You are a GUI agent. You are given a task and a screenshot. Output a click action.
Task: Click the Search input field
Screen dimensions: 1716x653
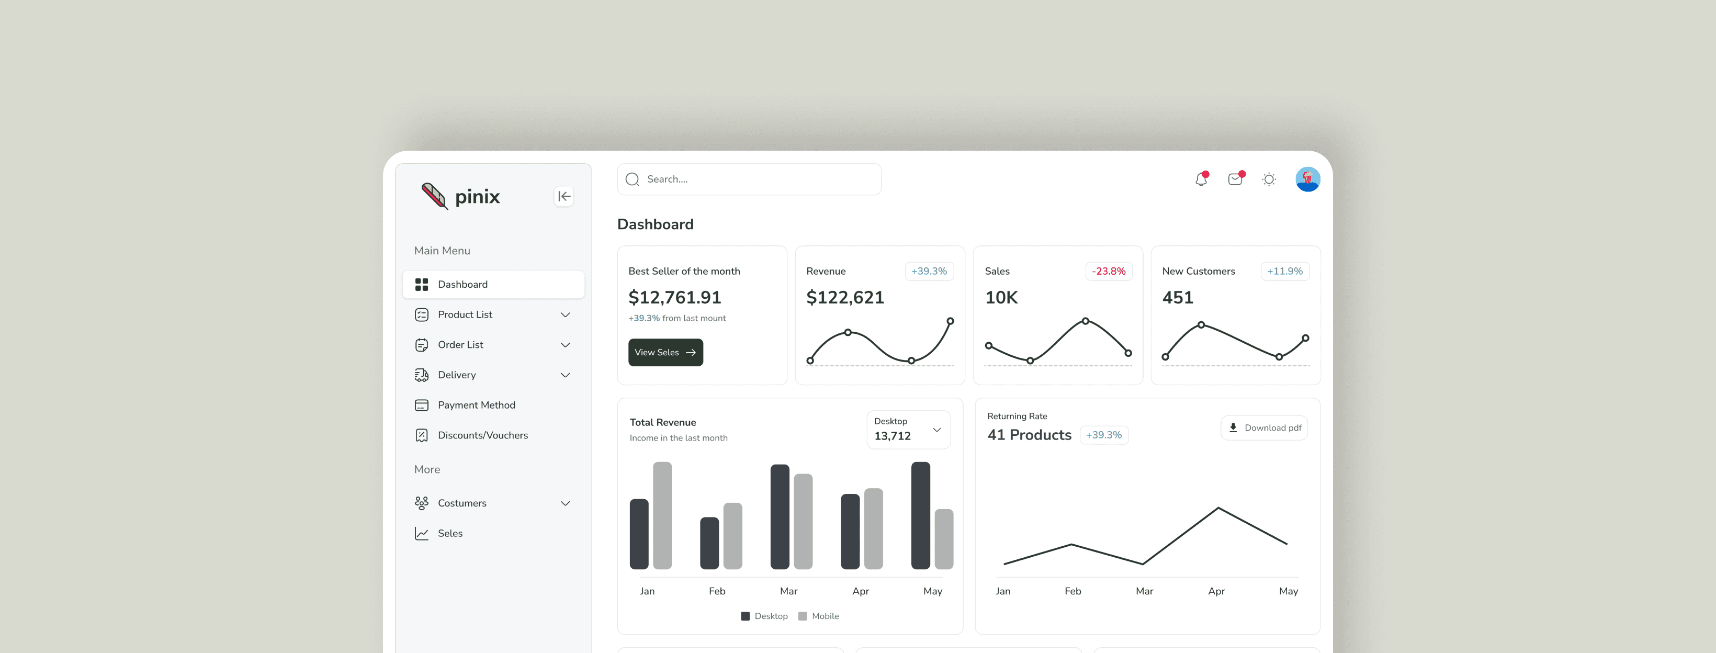point(749,179)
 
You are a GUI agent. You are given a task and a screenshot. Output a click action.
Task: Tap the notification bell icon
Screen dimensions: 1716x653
point(1201,179)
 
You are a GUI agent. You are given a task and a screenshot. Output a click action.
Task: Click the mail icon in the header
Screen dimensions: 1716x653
point(1235,179)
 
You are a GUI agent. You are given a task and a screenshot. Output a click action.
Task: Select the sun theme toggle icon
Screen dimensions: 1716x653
point(1269,179)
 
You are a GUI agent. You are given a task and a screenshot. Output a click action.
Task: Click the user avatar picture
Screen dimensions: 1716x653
point(1307,179)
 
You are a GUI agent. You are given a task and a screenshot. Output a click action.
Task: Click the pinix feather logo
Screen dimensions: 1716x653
point(434,196)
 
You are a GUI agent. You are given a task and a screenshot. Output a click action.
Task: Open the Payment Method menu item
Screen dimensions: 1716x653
point(476,405)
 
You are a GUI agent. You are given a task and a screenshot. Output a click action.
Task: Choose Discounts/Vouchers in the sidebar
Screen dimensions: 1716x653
point(482,435)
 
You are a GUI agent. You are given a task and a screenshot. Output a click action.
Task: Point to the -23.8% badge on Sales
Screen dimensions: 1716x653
point(1109,271)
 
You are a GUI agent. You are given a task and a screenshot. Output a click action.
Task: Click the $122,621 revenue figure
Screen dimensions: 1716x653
point(845,298)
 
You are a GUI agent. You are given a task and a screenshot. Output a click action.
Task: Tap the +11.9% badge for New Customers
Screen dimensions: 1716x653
point(1284,271)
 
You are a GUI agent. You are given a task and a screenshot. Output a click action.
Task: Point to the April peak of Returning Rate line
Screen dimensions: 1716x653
point(1218,508)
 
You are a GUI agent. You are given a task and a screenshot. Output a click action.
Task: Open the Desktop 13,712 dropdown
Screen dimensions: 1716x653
point(908,430)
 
